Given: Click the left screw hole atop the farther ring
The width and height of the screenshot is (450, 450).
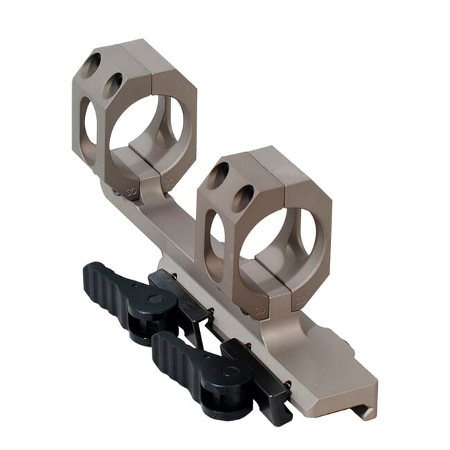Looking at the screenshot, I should click(x=91, y=66).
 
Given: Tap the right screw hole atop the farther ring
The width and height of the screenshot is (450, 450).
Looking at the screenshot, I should click(x=113, y=85).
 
